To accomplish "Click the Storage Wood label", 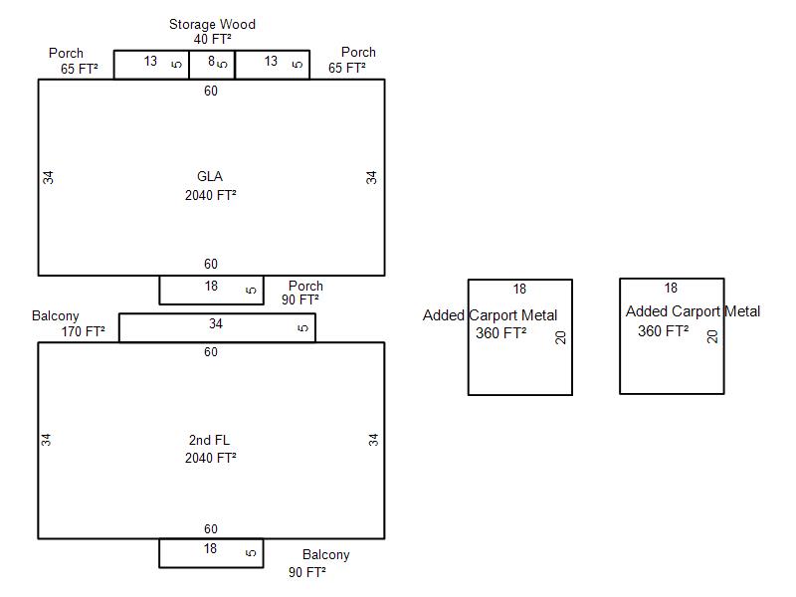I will coord(212,24).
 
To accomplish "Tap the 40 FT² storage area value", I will coord(213,39).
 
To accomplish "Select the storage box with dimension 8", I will coord(212,65).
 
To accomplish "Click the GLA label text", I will coord(210,177).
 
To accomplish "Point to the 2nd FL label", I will coord(210,440).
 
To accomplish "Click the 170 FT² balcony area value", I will coord(82,332).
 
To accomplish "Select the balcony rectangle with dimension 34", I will coord(217,328).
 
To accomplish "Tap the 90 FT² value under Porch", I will coord(300,299).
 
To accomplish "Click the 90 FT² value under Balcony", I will coord(307,572).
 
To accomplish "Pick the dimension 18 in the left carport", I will coord(519,290).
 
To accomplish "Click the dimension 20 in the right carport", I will coord(712,336).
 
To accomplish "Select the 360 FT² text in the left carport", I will coord(501,333).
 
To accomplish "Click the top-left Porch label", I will coord(66,53).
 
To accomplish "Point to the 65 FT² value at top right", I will coord(347,69).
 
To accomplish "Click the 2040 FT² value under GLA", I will coord(211,195).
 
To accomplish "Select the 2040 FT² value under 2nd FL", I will coord(211,458).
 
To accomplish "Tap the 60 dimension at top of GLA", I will coord(211,92).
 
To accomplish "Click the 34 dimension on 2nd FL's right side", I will coord(374,439).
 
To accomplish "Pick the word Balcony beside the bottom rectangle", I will coord(326,555).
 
